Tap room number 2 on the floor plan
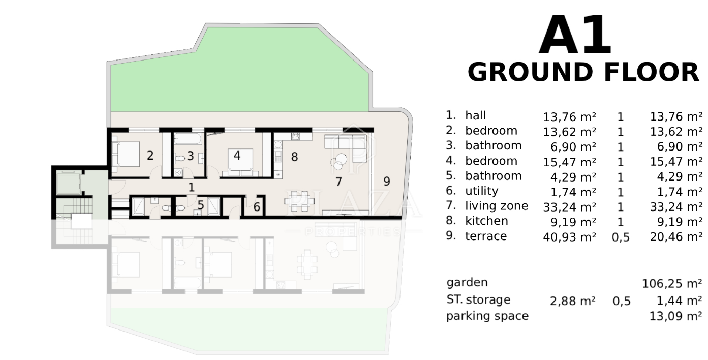point(150,155)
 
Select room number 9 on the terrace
point(387,181)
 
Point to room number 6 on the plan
point(257,207)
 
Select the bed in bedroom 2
point(126,154)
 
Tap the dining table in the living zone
point(299,201)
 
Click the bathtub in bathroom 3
point(188,139)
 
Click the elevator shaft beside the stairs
point(68,184)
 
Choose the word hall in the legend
point(475,115)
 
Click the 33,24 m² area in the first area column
point(570,207)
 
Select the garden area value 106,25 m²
point(672,283)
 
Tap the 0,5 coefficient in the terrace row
point(621,237)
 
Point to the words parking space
point(487,316)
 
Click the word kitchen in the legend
point(486,221)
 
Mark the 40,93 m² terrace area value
point(570,237)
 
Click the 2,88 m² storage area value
point(573,301)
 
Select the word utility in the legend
point(482,191)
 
